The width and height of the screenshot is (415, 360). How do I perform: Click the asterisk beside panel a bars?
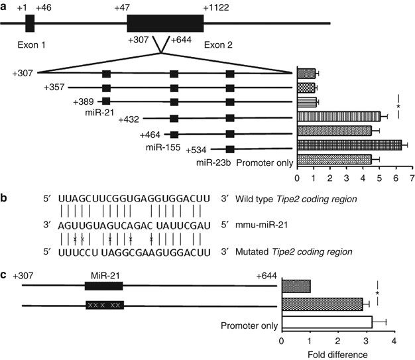[x=398, y=106]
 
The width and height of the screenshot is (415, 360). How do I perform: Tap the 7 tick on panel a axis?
[x=412, y=179]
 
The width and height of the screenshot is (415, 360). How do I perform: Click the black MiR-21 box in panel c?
[x=103, y=285]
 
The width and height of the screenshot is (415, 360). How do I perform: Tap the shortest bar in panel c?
[x=296, y=286]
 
